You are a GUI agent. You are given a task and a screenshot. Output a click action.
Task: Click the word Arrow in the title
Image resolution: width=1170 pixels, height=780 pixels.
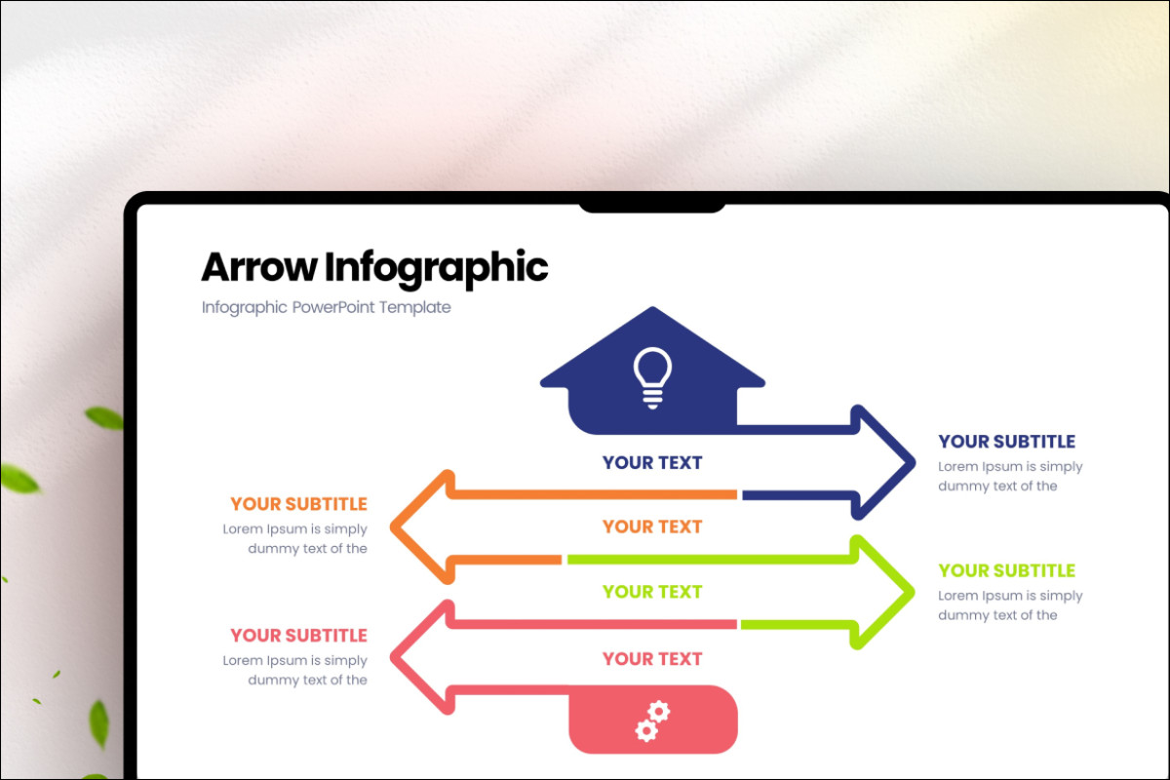click(x=259, y=267)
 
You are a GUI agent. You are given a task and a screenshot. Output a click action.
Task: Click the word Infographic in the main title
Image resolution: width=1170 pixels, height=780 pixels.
click(x=436, y=269)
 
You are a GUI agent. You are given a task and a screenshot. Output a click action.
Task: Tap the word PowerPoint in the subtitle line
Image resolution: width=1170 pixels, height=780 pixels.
click(x=333, y=307)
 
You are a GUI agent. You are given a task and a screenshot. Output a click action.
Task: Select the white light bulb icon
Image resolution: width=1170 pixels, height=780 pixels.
click(x=652, y=378)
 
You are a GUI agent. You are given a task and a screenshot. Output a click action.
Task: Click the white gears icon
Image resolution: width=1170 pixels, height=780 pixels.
click(x=653, y=721)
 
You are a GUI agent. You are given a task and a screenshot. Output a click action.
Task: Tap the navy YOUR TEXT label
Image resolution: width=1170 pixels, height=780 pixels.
click(x=652, y=463)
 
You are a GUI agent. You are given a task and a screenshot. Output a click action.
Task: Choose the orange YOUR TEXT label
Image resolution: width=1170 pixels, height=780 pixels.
click(x=652, y=526)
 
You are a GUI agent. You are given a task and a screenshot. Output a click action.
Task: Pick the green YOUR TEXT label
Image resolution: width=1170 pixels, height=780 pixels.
click(x=652, y=592)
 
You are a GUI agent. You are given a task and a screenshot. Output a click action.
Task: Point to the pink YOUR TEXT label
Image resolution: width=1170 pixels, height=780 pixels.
click(x=652, y=659)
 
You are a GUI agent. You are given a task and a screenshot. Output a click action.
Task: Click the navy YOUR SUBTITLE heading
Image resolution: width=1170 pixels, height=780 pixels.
click(x=1006, y=442)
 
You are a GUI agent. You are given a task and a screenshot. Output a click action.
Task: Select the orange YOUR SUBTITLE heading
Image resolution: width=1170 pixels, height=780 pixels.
click(x=298, y=504)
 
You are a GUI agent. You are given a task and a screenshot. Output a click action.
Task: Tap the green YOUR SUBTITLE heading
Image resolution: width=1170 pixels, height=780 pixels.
click(x=1006, y=571)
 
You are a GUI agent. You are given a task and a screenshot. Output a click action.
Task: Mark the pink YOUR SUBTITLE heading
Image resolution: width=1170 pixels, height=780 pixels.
click(x=298, y=636)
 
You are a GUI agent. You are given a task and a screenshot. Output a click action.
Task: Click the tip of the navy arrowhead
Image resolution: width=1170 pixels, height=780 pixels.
click(x=915, y=462)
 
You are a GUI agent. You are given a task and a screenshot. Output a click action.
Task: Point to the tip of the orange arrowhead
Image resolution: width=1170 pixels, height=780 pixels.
click(x=391, y=526)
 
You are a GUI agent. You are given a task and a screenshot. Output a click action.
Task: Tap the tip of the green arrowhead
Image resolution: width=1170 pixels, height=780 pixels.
click(x=914, y=592)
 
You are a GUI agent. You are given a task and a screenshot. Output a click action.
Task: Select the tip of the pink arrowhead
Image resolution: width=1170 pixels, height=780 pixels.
click(x=391, y=657)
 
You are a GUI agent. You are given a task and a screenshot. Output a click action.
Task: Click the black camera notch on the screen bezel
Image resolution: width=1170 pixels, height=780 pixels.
click(x=652, y=207)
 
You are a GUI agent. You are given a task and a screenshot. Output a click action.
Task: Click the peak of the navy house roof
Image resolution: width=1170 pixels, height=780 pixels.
click(x=652, y=308)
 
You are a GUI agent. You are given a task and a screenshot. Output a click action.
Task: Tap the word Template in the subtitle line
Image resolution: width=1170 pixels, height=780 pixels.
click(x=414, y=307)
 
